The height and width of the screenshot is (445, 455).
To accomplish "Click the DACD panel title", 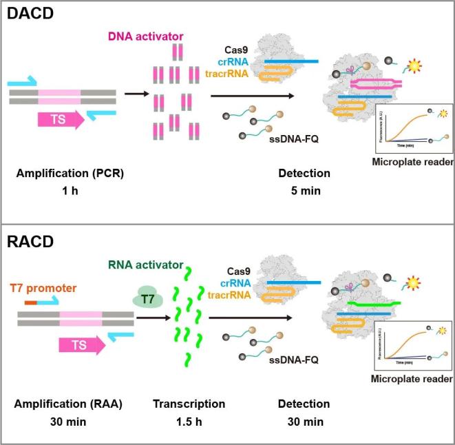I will [x=31, y=13].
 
